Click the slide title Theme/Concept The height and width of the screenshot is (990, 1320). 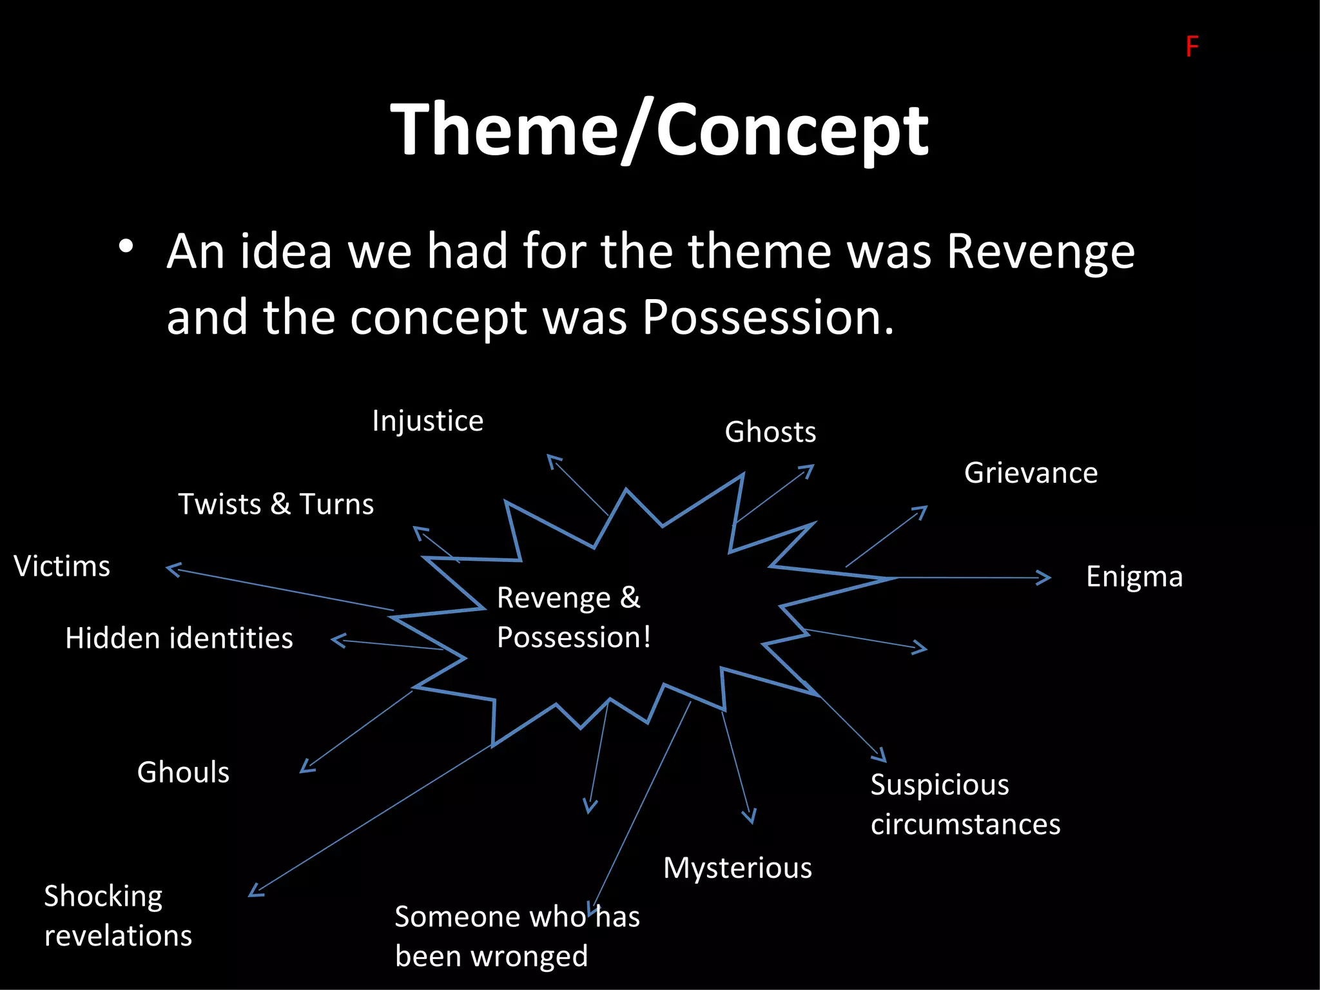tap(659, 131)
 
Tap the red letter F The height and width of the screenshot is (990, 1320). tap(1192, 47)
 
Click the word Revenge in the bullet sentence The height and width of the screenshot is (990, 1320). tap(1040, 252)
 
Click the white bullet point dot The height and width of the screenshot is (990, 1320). tap(126, 246)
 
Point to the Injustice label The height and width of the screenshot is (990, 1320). tap(427, 422)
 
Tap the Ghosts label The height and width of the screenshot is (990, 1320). tap(770, 432)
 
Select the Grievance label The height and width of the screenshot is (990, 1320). tap(1031, 473)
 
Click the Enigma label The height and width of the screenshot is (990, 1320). tap(1134, 577)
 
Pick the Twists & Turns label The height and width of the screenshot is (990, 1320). tap(276, 504)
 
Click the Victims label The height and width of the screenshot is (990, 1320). tap(62, 567)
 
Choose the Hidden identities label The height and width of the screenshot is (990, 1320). tap(179, 639)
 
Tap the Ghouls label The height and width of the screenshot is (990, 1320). tap(183, 772)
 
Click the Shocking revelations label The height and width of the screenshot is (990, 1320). tap(117, 916)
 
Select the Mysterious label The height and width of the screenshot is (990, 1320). tap(737, 868)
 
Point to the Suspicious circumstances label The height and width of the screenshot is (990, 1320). tap(965, 804)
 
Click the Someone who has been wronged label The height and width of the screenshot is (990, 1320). tap(517, 936)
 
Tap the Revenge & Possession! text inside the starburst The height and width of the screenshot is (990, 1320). tap(574, 617)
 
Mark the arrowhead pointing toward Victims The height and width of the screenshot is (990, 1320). tap(171, 568)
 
